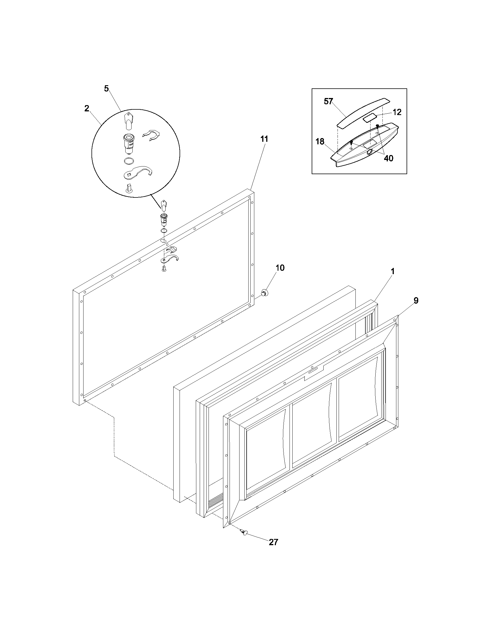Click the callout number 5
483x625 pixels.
(106, 89)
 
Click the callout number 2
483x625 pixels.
(87, 109)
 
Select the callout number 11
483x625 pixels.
(264, 139)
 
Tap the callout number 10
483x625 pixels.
(280, 268)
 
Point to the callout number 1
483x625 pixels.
(393, 271)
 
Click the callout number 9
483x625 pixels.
(416, 301)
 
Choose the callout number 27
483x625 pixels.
(273, 542)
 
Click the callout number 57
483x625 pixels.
(328, 102)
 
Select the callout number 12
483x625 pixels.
(397, 112)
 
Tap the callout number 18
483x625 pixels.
(320, 141)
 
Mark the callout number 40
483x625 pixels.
(388, 158)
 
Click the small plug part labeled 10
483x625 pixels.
(264, 293)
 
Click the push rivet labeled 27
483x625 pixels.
(244, 532)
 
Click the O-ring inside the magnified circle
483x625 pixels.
(128, 161)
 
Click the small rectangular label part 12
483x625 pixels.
(370, 118)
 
